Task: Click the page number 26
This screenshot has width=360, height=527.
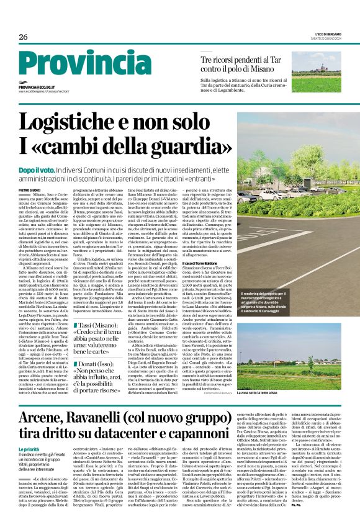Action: (x=23, y=37)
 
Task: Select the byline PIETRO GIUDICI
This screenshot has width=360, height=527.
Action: (x=31, y=189)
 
